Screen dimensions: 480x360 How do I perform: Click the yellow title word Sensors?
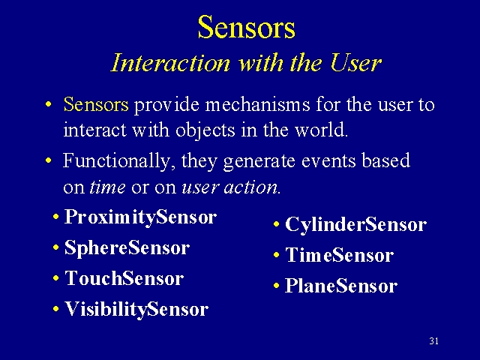[247, 27]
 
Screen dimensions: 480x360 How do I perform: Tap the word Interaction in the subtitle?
[170, 63]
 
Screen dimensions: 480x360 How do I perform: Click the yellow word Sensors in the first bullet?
[96, 104]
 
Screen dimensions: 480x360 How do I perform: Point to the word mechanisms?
[257, 104]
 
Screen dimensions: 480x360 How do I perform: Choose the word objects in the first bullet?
[205, 130]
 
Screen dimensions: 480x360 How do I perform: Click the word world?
[321, 130]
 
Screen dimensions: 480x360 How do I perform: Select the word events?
[328, 160]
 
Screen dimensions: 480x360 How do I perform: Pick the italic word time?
[107, 187]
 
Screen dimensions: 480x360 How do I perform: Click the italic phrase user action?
[230, 187]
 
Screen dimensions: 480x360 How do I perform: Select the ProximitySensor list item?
[140, 217]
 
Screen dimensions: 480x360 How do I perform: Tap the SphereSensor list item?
[127, 247]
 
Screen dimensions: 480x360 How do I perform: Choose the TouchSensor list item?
[124, 278]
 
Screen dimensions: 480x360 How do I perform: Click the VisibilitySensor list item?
[136, 309]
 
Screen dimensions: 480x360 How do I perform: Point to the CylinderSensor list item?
[355, 224]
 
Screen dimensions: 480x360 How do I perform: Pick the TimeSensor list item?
[339, 255]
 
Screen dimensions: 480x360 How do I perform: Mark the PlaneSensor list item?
[341, 286]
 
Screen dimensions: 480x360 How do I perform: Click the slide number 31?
[433, 340]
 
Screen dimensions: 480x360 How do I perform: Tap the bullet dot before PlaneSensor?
[277, 286]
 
